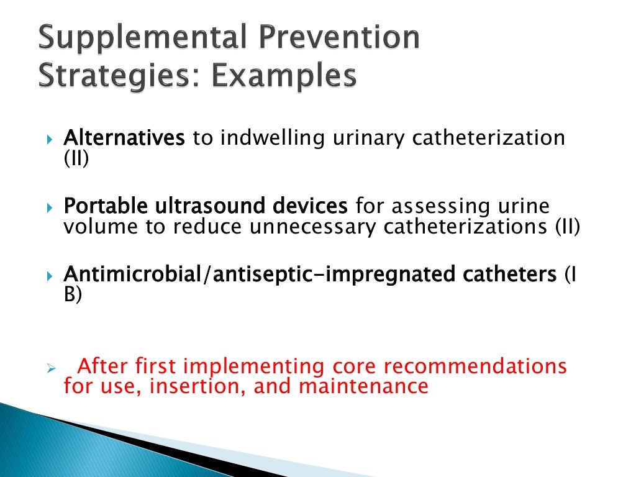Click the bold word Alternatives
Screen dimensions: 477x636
(124, 137)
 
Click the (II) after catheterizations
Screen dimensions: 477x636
(567, 227)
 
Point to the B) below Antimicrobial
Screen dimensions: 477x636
(73, 294)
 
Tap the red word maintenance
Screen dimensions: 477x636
(363, 386)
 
